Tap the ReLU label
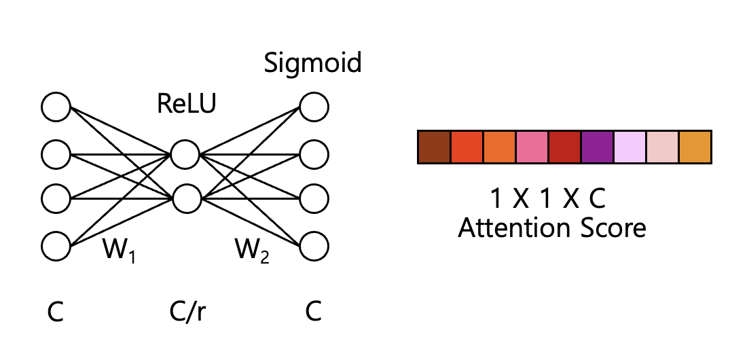click(x=186, y=104)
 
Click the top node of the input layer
click(x=56, y=107)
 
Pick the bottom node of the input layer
click(x=56, y=247)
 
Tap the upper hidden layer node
click(x=185, y=154)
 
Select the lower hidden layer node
click(x=185, y=198)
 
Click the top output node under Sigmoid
click(x=314, y=107)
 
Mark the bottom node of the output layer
click(x=314, y=247)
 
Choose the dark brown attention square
click(x=434, y=147)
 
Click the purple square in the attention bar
click(x=598, y=147)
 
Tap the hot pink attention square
click(x=532, y=147)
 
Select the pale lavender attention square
click(x=630, y=147)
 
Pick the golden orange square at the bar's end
click(x=695, y=147)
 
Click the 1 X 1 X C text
click(x=548, y=198)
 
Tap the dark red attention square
click(x=564, y=147)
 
